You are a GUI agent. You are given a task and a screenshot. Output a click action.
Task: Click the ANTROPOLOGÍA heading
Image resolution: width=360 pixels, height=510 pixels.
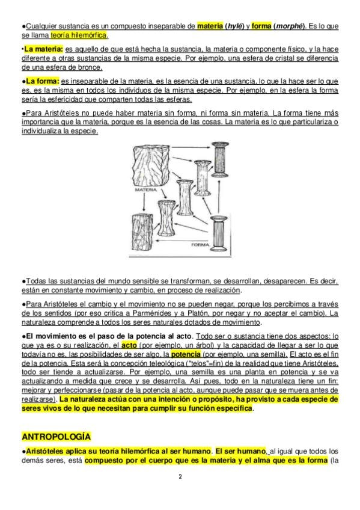click(56, 436)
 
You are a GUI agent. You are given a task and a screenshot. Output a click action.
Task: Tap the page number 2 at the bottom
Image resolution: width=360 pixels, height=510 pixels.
click(180, 477)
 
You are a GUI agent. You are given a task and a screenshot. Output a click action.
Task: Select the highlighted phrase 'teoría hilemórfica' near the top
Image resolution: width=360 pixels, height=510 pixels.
click(79, 35)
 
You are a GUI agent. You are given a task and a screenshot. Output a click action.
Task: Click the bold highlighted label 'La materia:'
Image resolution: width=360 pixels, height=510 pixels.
click(43, 49)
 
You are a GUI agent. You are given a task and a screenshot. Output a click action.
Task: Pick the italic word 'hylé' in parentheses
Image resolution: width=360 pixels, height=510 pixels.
click(236, 26)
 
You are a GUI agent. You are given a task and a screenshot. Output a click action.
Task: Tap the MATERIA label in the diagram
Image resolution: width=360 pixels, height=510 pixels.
click(146, 190)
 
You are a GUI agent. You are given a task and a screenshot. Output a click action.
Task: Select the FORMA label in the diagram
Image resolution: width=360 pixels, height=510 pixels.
click(200, 245)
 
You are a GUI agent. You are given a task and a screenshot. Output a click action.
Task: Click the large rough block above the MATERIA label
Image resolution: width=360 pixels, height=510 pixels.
click(151, 165)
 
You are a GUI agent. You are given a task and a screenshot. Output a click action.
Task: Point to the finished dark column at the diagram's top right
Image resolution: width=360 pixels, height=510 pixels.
click(220, 159)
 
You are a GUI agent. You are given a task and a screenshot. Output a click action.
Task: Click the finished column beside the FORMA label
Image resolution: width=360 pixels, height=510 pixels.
click(218, 233)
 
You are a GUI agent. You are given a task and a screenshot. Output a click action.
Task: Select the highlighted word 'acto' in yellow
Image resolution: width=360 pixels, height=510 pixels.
click(129, 345)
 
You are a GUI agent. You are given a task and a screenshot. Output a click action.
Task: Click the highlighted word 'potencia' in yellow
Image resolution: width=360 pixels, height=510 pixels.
click(186, 354)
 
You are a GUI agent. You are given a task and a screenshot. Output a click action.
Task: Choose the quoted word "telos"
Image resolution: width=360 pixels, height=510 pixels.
click(197, 363)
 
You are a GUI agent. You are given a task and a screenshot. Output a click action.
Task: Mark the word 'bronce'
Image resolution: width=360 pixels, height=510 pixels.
click(91, 67)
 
